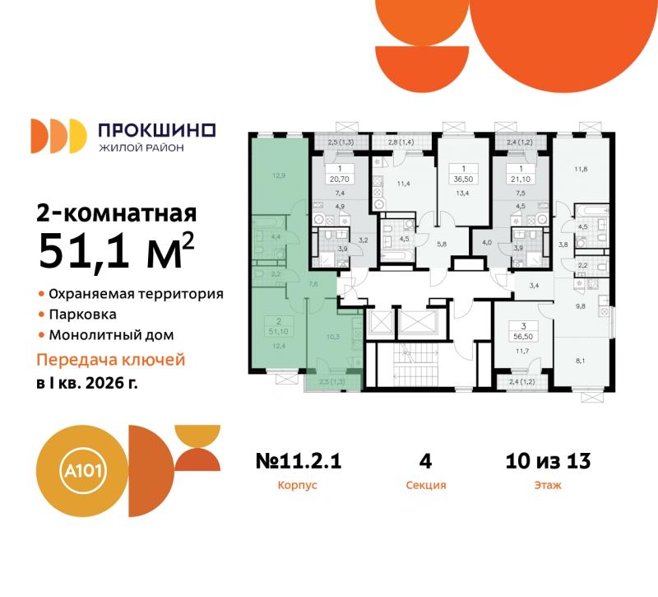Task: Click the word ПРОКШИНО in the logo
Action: (x=156, y=129)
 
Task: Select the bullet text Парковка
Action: (x=81, y=314)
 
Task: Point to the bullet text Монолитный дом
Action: (x=110, y=335)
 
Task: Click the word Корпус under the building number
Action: (x=297, y=486)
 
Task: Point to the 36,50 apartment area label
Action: (x=459, y=178)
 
